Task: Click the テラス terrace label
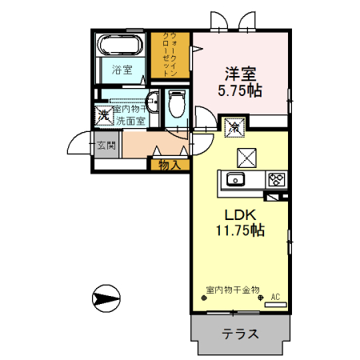coord(239,334)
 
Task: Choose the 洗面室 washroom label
coord(130,121)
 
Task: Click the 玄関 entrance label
coord(107,146)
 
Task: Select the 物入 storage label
coord(169,165)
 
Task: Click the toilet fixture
coord(177,105)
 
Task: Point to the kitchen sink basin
coord(236,179)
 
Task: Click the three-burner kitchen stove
coord(277,179)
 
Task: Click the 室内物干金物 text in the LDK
coord(233,290)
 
